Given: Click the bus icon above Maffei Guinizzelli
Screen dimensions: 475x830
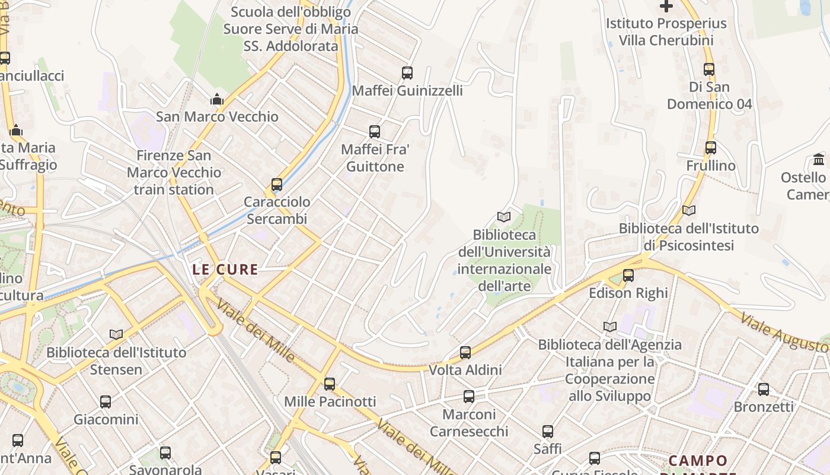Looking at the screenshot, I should (x=407, y=73).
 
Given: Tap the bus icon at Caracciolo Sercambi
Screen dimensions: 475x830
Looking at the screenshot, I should (x=277, y=185).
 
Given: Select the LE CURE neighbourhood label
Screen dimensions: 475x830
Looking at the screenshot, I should (x=225, y=269).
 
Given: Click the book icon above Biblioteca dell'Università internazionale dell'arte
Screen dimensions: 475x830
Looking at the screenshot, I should (x=503, y=217).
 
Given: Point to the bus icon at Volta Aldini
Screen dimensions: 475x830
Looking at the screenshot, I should (x=465, y=353).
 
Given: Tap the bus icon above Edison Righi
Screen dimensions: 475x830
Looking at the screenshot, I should (x=628, y=275).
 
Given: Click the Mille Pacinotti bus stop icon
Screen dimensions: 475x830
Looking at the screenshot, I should (x=330, y=384).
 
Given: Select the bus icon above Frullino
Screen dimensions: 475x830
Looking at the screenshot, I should (x=711, y=148).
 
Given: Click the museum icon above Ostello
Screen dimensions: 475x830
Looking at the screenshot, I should (x=819, y=160).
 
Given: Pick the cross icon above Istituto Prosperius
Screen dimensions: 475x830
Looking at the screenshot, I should (x=666, y=7).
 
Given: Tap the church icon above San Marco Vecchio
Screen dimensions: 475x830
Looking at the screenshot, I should (x=217, y=99).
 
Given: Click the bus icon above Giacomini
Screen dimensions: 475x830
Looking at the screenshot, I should (x=106, y=402).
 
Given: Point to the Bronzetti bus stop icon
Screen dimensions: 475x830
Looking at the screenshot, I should (x=764, y=389).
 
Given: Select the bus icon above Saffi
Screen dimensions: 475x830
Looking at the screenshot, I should (x=548, y=432).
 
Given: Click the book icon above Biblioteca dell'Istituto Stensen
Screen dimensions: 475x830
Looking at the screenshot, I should (x=116, y=335).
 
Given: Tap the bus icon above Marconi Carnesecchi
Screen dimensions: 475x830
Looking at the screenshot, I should (x=469, y=397).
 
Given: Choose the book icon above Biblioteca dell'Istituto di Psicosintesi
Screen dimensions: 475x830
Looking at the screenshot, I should (x=689, y=210).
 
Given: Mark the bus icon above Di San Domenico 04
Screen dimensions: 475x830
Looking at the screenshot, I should (x=709, y=69).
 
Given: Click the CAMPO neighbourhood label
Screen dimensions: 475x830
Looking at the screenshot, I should (x=698, y=461).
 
